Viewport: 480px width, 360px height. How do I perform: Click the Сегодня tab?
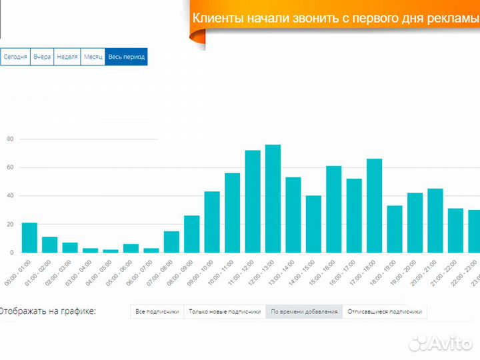point(15,57)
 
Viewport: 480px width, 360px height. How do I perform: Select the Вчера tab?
point(42,57)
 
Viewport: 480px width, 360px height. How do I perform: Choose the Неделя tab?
point(67,57)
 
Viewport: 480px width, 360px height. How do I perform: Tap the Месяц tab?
point(93,57)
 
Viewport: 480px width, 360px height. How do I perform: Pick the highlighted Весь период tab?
point(126,57)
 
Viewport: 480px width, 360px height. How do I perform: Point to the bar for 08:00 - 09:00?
point(192,234)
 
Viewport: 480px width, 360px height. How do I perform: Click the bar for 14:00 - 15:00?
point(313,224)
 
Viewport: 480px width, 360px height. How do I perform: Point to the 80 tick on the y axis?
point(10,139)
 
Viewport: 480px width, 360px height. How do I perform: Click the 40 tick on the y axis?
point(10,196)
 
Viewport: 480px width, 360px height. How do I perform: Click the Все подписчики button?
point(157,311)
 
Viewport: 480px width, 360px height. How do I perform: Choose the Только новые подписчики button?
point(225,311)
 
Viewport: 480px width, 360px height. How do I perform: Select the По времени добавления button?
point(304,311)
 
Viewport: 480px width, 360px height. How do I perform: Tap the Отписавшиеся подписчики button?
point(385,311)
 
